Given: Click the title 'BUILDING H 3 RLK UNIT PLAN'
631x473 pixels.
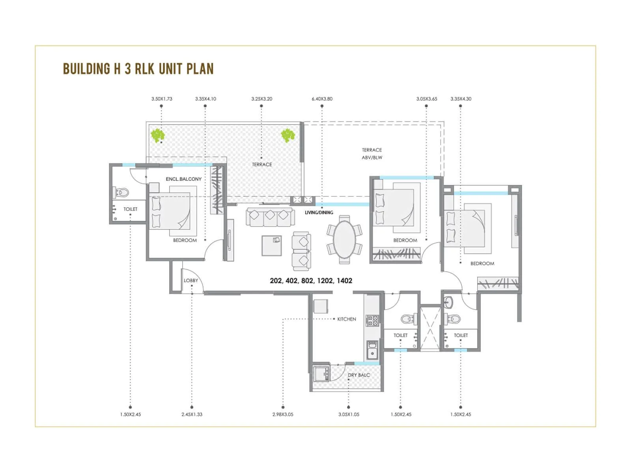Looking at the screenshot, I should tap(138, 69).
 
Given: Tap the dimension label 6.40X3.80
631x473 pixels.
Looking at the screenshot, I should tap(322, 99).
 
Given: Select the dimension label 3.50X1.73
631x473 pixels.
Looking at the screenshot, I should tap(162, 99).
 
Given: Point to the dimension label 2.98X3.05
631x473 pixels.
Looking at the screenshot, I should tap(283, 414).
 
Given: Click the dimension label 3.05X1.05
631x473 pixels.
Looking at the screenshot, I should tap(349, 414).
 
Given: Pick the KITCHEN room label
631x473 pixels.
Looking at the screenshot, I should tap(347, 319).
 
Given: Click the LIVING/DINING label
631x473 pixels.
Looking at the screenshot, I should tap(319, 212).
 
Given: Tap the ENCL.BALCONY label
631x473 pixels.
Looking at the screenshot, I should tap(183, 179).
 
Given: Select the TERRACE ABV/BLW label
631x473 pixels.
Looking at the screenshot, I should tap(372, 153).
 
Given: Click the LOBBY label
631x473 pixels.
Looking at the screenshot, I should tap(191, 281).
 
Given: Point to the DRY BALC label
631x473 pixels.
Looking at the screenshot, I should tap(359, 375).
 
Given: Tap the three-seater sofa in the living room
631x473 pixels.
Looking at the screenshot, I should tap(270, 217).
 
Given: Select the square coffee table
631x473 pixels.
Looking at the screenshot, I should tap(272, 245).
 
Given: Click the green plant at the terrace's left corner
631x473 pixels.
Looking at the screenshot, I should tap(158, 135).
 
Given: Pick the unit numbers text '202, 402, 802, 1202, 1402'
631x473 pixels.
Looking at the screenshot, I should tap(311, 281).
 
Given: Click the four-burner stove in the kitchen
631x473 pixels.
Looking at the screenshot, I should tap(372, 320).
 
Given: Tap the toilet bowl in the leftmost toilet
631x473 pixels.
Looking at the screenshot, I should tap(123, 192).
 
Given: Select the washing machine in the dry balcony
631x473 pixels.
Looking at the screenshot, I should tap(321, 373).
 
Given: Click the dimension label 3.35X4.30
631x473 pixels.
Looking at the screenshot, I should tap(461, 99).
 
